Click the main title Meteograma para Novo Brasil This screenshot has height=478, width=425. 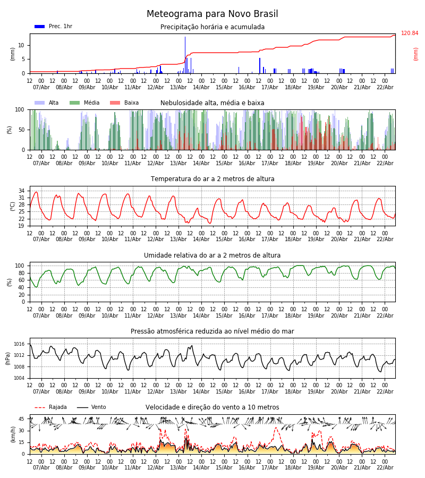pos(212,14)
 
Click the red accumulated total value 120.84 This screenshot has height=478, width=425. pos(410,33)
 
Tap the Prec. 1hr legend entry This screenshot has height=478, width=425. pos(54,27)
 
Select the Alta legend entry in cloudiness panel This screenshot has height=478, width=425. pos(47,103)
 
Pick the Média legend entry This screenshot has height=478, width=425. pos(84,103)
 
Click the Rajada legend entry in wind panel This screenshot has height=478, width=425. pos(51,407)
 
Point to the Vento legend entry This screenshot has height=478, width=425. pos(91,407)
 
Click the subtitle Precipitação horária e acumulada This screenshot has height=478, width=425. pos(212,27)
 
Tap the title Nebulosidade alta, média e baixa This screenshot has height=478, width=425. pos(212,103)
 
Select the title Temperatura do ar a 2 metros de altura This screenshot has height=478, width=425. pos(212,179)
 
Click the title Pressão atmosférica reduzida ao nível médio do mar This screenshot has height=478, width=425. pos(212,331)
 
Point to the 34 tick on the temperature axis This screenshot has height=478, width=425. pos(22,191)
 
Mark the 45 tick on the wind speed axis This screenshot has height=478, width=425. pos(22,419)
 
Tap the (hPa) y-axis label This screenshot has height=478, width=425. pos(8,358)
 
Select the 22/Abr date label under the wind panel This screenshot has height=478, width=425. pos(385,467)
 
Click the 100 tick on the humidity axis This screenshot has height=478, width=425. pos(20,266)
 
